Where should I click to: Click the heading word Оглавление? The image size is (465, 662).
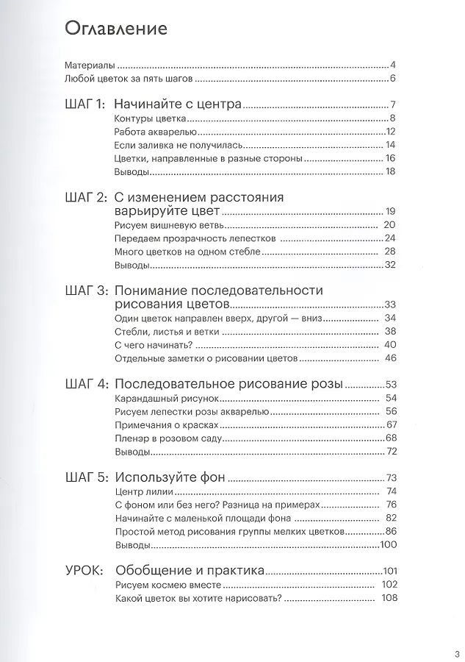coord(116,29)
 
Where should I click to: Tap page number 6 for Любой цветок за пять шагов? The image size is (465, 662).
coord(394,79)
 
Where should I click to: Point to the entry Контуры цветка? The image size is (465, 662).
coord(151,118)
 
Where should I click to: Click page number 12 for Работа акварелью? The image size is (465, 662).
coord(391,132)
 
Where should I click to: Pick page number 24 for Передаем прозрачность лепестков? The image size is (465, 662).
coord(390,238)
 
